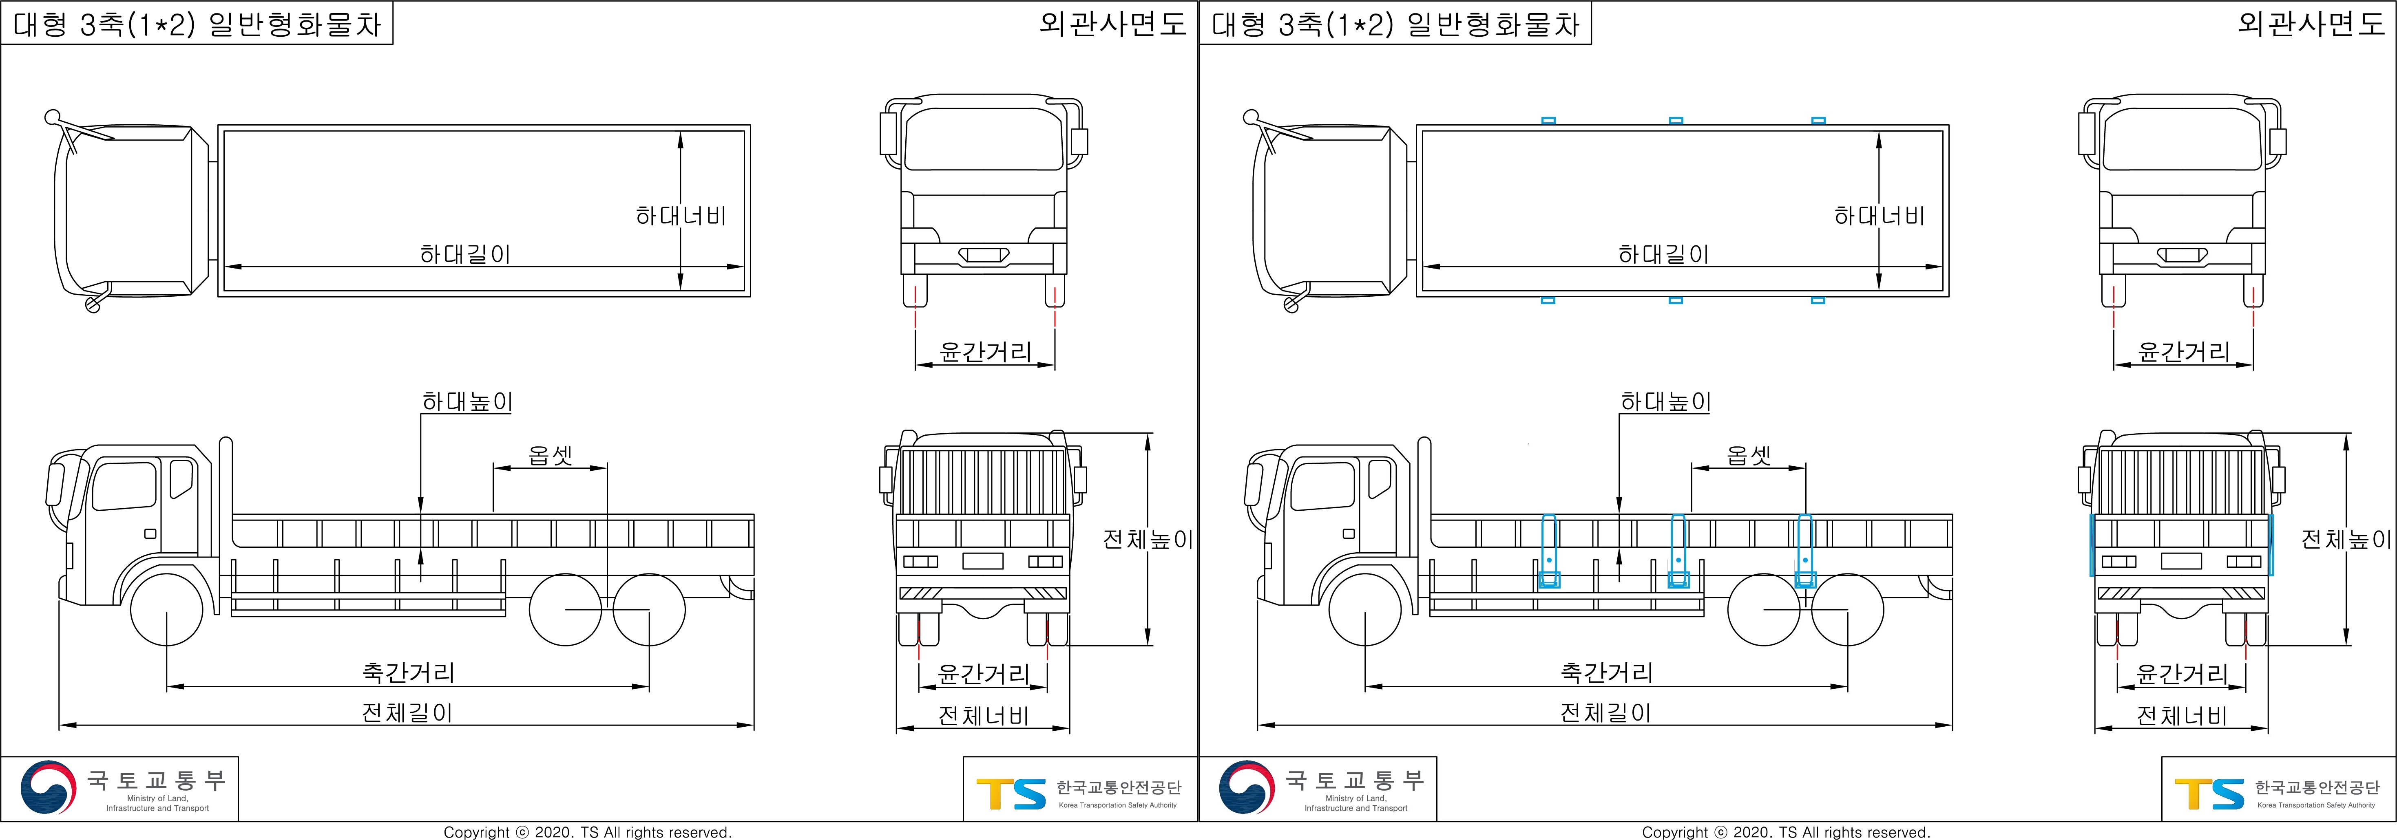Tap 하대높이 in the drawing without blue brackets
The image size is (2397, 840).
[x=467, y=402]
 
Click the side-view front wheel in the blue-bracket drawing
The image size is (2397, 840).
[x=1365, y=610]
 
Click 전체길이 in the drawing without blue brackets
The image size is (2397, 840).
[x=407, y=712]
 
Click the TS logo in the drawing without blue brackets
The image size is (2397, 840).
[x=1011, y=794]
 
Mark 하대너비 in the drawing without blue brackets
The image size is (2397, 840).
[x=680, y=216]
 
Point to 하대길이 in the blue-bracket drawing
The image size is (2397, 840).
[x=1664, y=254]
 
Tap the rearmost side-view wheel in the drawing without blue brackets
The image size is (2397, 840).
[x=648, y=610]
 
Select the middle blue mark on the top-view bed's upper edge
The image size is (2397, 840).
[x=1676, y=121]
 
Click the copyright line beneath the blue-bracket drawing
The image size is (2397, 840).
[x=1786, y=831]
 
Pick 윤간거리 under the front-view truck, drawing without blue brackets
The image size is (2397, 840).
[x=985, y=352]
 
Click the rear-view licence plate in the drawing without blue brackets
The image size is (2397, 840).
[x=983, y=561]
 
